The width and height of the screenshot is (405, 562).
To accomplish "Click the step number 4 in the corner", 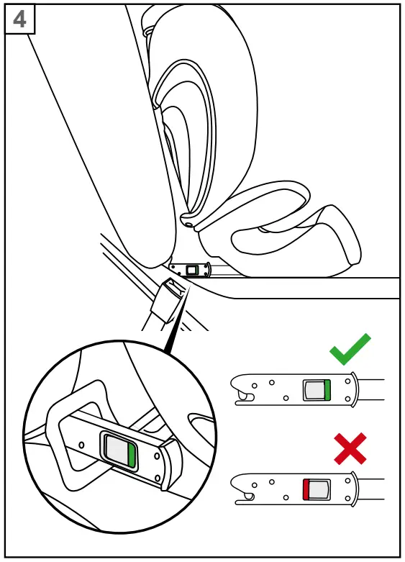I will click(19, 19).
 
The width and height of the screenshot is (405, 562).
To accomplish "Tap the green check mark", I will click(350, 350).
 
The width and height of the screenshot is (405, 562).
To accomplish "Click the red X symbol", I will click(350, 448).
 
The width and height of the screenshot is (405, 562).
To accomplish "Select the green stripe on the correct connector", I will click(327, 389).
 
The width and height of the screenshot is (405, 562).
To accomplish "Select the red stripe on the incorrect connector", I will click(306, 489).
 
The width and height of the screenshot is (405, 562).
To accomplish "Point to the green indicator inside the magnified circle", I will click(131, 455).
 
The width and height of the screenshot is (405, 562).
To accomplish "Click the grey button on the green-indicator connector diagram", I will click(314, 389).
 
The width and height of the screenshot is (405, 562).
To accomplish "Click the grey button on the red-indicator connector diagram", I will click(319, 489).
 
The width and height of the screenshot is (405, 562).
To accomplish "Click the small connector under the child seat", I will click(192, 270).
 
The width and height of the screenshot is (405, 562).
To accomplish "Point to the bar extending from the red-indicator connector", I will click(370, 489).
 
